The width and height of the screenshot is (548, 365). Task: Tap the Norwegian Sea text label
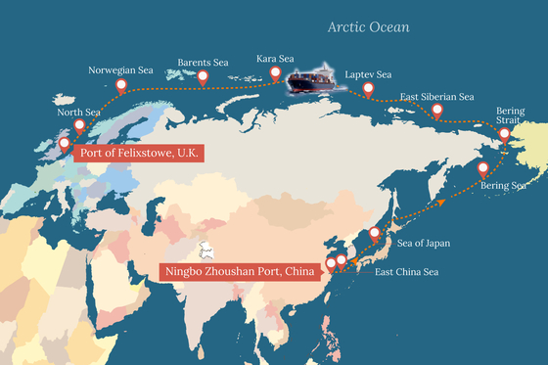[121, 70]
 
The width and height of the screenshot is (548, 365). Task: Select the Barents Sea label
[203, 64]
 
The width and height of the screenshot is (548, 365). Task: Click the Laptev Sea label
[370, 75]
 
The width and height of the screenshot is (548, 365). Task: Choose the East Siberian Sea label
[437, 97]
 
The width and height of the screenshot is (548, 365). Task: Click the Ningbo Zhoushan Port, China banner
[242, 271]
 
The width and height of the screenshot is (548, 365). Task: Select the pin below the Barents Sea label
[203, 77]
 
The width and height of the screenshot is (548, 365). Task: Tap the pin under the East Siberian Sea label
[436, 111]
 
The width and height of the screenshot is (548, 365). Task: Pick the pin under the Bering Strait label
[504, 135]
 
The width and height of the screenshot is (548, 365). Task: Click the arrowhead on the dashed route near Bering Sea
[441, 200]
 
